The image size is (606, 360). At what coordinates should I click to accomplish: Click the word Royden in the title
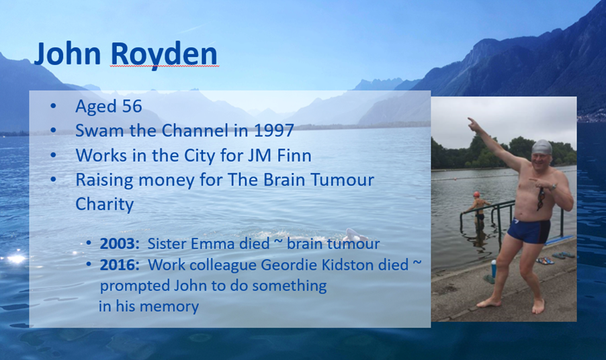click(164, 54)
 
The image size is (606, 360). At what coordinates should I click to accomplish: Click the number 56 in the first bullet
click(132, 106)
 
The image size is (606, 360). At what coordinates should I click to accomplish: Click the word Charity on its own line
click(105, 204)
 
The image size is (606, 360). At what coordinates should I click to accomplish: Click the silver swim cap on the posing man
click(542, 147)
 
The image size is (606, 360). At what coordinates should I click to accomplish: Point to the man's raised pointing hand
click(474, 124)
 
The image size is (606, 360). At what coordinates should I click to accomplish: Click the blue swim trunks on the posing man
click(529, 230)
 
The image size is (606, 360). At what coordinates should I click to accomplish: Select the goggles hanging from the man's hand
click(541, 198)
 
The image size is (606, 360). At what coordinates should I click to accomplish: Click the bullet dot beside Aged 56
click(53, 106)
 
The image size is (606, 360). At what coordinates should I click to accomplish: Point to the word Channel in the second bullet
click(196, 130)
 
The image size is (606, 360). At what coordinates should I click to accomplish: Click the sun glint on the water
click(15, 259)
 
